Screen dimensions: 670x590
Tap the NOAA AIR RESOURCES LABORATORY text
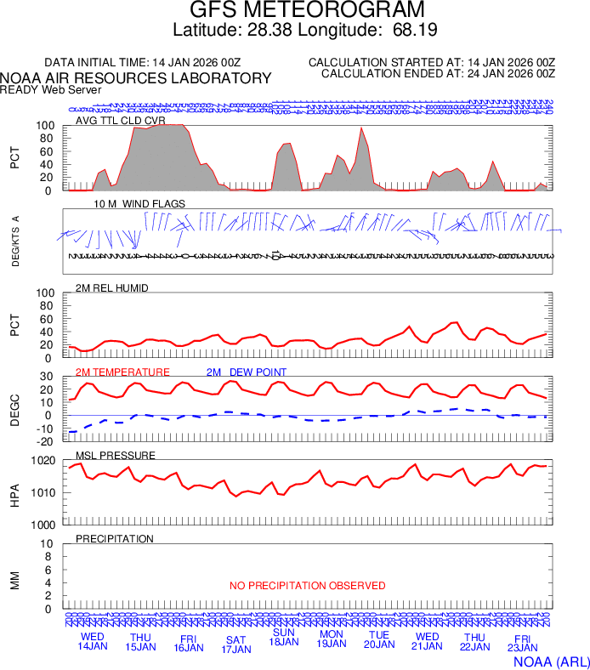coord(136,78)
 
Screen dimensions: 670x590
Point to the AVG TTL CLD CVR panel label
coord(121,121)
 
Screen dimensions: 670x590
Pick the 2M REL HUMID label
coord(112,288)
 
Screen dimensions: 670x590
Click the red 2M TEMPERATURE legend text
coord(122,372)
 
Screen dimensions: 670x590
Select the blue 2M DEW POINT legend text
coord(247,372)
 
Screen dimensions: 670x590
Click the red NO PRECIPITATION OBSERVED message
coord(307,586)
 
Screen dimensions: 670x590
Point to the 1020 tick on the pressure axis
coord(44,462)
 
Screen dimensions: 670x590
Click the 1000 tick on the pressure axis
coord(44,525)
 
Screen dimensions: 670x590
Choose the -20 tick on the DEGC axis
coord(47,441)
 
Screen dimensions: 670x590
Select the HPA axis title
coord(14,493)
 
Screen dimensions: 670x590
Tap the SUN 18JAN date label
coord(284,637)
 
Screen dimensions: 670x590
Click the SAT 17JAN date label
coord(236,644)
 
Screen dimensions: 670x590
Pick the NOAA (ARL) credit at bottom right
coord(550,661)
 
